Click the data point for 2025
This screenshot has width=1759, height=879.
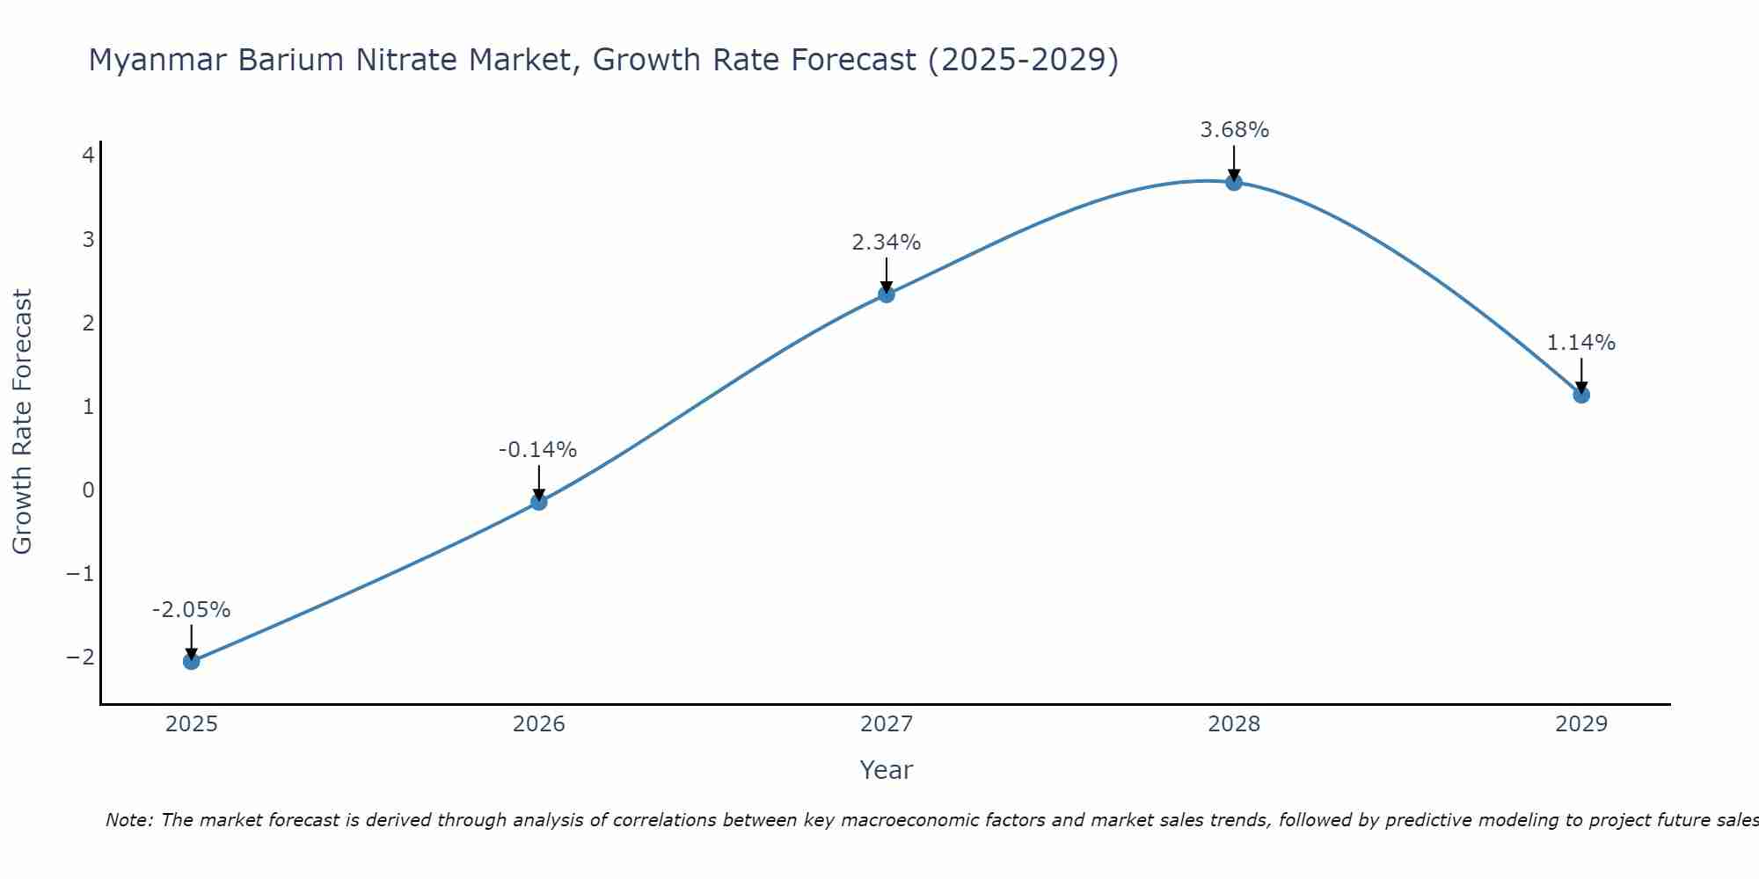pyautogui.click(x=192, y=661)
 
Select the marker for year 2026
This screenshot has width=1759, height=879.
pyautogui.click(x=539, y=502)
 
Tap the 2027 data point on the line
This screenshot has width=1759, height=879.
pyautogui.click(x=887, y=294)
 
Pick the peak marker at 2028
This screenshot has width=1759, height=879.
pyautogui.click(x=1234, y=183)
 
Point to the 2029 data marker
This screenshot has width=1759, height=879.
pyautogui.click(x=1581, y=395)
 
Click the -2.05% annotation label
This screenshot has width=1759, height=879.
pyautogui.click(x=191, y=610)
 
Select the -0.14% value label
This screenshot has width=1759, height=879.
pyautogui.click(x=537, y=450)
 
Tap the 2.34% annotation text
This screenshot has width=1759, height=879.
pyautogui.click(x=886, y=243)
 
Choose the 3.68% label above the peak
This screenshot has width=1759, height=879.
pyautogui.click(x=1234, y=130)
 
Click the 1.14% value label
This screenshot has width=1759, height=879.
pyautogui.click(x=1580, y=343)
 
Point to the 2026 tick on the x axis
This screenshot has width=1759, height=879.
pyautogui.click(x=539, y=724)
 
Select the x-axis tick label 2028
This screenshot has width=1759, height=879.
pyautogui.click(x=1234, y=724)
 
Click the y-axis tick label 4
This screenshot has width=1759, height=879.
pyautogui.click(x=88, y=156)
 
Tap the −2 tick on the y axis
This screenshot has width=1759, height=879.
pyautogui.click(x=81, y=657)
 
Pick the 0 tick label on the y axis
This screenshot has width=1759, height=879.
pyautogui.click(x=88, y=490)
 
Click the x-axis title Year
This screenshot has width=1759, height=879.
pyautogui.click(x=886, y=770)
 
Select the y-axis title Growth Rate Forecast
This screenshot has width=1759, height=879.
pyautogui.click(x=22, y=421)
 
